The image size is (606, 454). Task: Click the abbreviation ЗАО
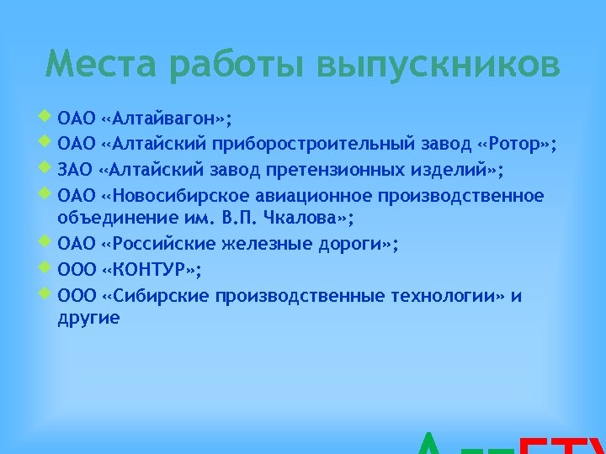pyautogui.click(x=75, y=171)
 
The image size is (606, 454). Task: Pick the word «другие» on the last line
pyautogui.click(x=88, y=318)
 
